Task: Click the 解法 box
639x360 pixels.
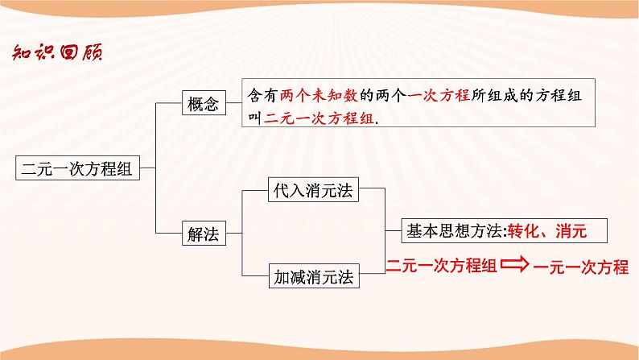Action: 202,235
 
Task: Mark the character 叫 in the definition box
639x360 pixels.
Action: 257,116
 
